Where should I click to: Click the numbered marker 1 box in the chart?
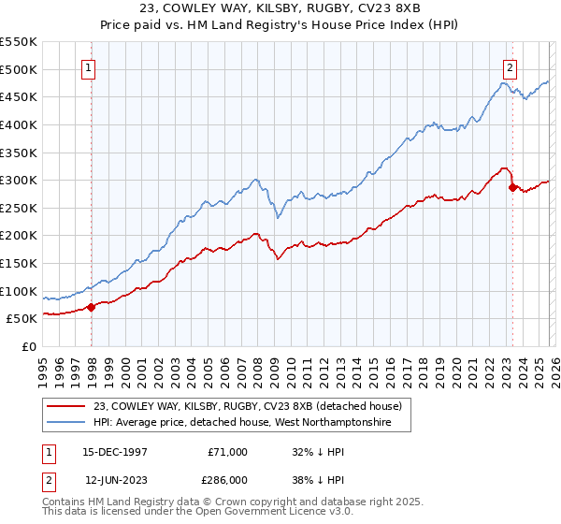tap(87, 66)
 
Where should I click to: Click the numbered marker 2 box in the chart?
tap(510, 66)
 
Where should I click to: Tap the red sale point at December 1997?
tap(92, 306)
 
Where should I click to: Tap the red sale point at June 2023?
tap(512, 187)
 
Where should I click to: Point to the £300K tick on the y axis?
tap(19, 180)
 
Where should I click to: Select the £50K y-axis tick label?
tap(22, 319)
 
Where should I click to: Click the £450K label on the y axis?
tap(19, 96)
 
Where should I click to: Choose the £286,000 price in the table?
tap(227, 480)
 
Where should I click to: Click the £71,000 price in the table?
tap(227, 452)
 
